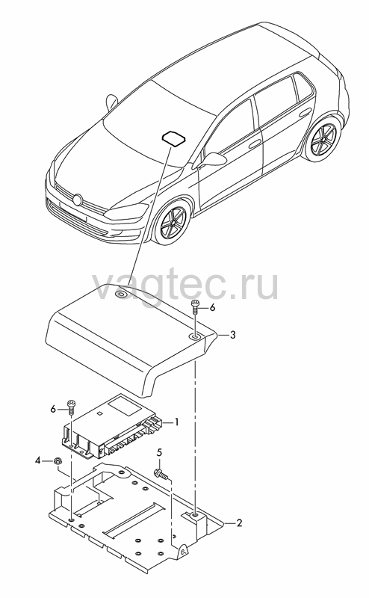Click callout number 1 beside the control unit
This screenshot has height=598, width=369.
(176, 422)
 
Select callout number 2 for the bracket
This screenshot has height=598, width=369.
(239, 523)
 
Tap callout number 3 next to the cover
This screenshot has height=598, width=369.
(232, 335)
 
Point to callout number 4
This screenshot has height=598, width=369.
(38, 460)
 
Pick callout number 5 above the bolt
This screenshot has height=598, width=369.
(159, 452)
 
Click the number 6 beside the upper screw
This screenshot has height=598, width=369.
(212, 307)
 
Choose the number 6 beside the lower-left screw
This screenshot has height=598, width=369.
(53, 409)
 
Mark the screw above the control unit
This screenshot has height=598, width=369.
(71, 407)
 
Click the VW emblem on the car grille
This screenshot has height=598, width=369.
(78, 200)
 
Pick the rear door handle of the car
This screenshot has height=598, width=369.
(305, 113)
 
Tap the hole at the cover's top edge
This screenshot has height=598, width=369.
(122, 294)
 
